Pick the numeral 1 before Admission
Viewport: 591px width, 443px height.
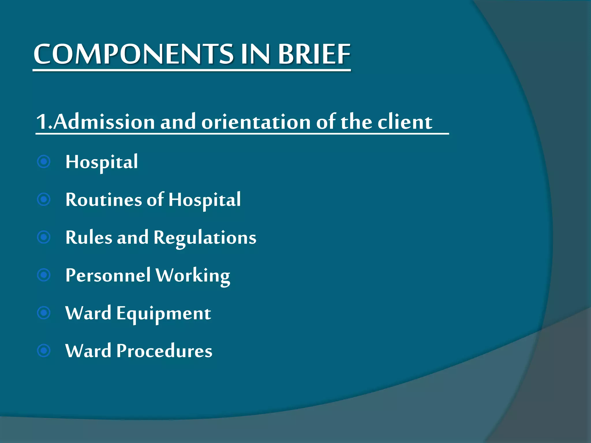pyautogui.click(x=42, y=122)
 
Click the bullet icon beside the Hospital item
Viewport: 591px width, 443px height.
pyautogui.click(x=44, y=162)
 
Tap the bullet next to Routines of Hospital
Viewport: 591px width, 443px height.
pyautogui.click(x=44, y=199)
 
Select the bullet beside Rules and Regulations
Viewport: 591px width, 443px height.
pyautogui.click(x=44, y=237)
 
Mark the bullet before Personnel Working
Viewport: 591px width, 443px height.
pyautogui.click(x=44, y=275)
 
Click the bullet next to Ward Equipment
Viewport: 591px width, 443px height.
pyautogui.click(x=44, y=313)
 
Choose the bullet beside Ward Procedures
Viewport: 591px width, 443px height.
pyautogui.click(x=44, y=351)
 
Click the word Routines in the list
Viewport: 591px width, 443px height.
pyautogui.click(x=104, y=200)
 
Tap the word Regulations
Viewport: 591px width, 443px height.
pyautogui.click(x=205, y=238)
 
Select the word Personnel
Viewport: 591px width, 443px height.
pyautogui.click(x=108, y=275)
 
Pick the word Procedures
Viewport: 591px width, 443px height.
pyautogui.click(x=164, y=351)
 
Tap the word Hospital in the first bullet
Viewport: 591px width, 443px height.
pyautogui.click(x=102, y=162)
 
